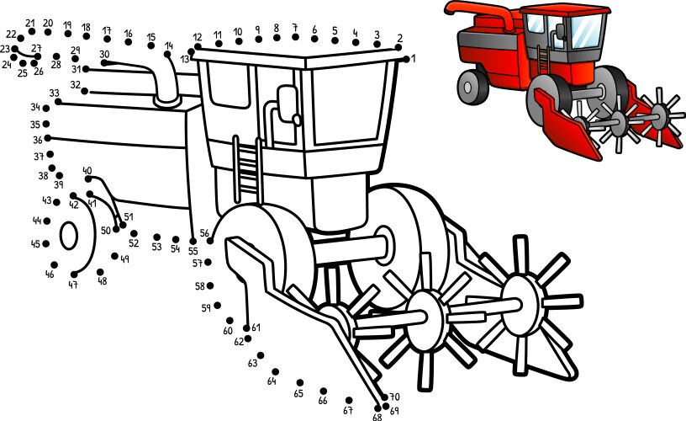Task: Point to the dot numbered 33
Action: pyautogui.click(x=58, y=102)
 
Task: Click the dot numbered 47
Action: pyautogui.click(x=74, y=274)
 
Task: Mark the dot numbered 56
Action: pyautogui.click(x=210, y=241)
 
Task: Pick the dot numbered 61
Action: pyautogui.click(x=247, y=328)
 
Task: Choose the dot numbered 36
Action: pyautogui.click(x=48, y=138)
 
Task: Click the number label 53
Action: pyautogui.click(x=156, y=248)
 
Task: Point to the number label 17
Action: pyautogui.click(x=107, y=30)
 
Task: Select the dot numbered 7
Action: pyautogui.click(x=295, y=39)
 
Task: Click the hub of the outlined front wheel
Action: pyautogui.click(x=383, y=242)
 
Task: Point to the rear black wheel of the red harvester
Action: pyautogui.click(x=472, y=86)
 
